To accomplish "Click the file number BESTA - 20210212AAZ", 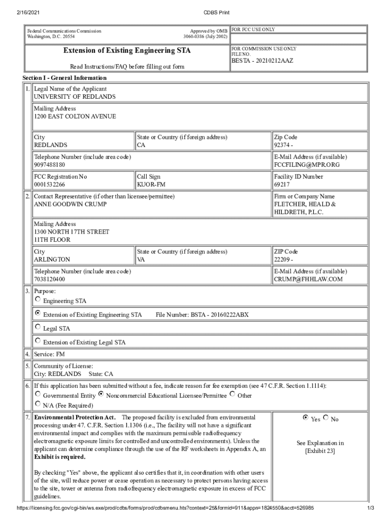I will [x=263, y=61].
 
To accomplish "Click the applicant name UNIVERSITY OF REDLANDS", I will [x=75, y=97].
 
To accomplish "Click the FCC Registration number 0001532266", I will [x=50, y=185].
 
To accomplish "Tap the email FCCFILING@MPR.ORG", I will [x=307, y=165].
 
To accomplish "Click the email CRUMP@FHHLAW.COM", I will [x=308, y=279].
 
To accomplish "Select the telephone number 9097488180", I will [x=49, y=165].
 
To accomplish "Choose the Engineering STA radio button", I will [x=38, y=299].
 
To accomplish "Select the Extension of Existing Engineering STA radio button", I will [x=38, y=313].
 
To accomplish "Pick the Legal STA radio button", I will [x=38, y=327].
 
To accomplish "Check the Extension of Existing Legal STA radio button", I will [x=38, y=340].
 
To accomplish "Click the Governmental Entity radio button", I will [x=38, y=394].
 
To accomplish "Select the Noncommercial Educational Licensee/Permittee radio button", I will [x=101, y=394].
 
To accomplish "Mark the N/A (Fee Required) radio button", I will [x=38, y=404].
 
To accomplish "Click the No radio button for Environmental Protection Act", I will [x=325, y=418].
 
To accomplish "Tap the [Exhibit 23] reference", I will [x=320, y=451].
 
